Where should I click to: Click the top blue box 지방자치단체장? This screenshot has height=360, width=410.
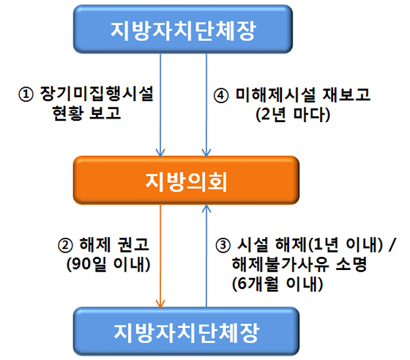[x=183, y=29]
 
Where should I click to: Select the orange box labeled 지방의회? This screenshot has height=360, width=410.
[x=186, y=180]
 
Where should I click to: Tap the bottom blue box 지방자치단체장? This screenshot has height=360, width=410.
[x=186, y=331]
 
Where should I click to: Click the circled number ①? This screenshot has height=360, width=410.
[x=26, y=94]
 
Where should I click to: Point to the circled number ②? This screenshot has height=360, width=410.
[x=65, y=246]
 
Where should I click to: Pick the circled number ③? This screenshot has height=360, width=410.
[x=223, y=246]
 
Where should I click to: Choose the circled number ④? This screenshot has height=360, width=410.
[x=221, y=95]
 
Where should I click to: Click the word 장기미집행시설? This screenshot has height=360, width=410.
[x=97, y=94]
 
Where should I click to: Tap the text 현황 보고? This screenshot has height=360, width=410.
[x=86, y=113]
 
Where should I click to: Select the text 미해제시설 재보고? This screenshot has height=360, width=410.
[x=303, y=94]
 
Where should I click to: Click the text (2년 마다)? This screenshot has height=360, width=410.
[x=293, y=114]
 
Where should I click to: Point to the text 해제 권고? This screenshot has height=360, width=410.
[x=114, y=245]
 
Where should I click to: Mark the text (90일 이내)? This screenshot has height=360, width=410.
[x=108, y=264]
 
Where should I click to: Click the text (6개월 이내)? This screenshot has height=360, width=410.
[x=277, y=284]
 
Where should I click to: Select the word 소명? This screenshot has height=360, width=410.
[x=351, y=264]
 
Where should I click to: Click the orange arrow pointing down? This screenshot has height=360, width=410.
[x=160, y=256]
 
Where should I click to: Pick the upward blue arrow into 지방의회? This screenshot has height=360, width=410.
[x=206, y=256]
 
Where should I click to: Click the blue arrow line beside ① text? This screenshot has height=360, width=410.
[x=160, y=105]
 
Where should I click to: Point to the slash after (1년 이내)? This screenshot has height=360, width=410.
[x=392, y=245]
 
